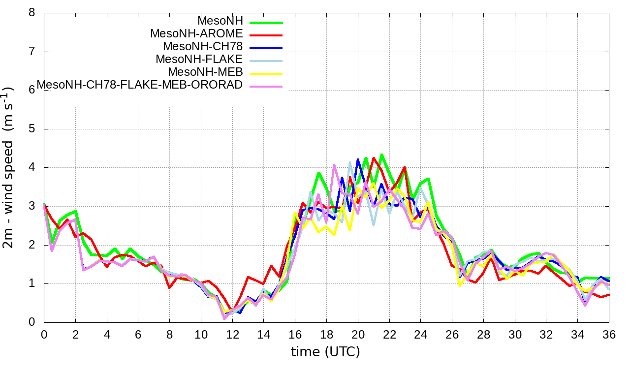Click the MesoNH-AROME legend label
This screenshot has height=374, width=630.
(196, 33)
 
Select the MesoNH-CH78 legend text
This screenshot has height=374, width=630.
(203, 46)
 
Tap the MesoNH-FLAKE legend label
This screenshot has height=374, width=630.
(199, 59)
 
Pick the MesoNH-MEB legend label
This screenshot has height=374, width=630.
(206, 72)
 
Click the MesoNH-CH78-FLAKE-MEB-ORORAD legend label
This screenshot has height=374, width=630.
(140, 85)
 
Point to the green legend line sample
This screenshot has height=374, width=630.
(266, 22)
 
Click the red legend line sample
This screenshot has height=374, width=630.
(266, 35)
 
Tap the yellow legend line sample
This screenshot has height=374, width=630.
(266, 73)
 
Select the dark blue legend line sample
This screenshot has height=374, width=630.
(266, 48)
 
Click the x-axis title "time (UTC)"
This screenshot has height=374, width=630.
(325, 351)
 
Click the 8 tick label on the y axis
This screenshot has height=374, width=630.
(32, 13)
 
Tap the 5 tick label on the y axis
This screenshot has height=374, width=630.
(32, 129)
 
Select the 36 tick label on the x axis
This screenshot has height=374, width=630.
(609, 334)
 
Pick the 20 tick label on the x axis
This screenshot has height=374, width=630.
(358, 334)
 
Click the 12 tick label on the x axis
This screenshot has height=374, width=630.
(232, 334)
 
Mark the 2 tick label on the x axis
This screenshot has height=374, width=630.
(75, 334)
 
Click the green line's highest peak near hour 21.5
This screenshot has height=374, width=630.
(381, 155)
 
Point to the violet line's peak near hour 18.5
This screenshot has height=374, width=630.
(334, 165)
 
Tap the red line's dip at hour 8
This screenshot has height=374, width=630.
(169, 287)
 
